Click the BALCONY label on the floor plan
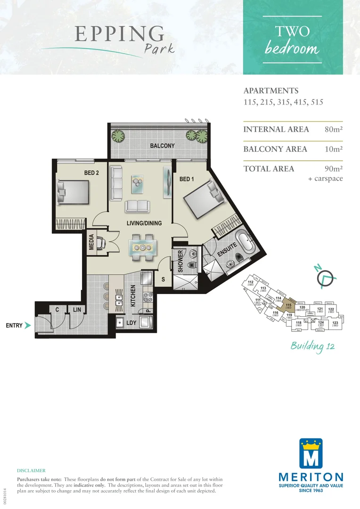(162, 146)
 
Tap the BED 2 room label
(91, 173)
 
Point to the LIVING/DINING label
(144, 223)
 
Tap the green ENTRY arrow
(28, 325)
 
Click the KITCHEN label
(133, 296)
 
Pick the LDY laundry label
(131, 323)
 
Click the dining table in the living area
(142, 247)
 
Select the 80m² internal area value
(333, 130)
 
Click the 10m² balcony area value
(333, 149)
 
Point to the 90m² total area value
(333, 169)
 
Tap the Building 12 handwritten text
(312, 347)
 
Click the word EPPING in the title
(119, 34)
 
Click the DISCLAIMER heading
(31, 470)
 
